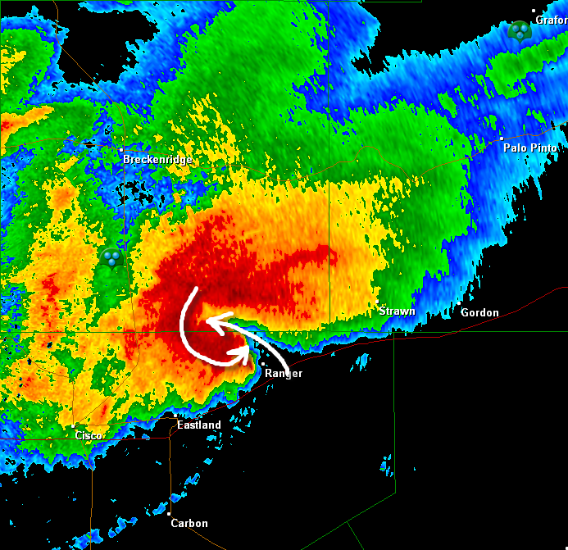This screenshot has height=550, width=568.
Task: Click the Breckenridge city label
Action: tap(158, 160)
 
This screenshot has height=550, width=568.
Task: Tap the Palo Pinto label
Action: tap(530, 148)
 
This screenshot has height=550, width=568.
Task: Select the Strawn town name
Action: tap(397, 311)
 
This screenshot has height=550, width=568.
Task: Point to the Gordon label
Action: tap(479, 312)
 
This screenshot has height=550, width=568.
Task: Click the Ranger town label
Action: tap(284, 373)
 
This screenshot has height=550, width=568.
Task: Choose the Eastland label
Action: tap(199, 425)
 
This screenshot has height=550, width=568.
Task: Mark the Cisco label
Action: tap(89, 435)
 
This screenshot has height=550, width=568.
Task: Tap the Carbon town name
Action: tap(189, 523)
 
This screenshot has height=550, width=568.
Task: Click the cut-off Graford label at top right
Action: tap(552, 20)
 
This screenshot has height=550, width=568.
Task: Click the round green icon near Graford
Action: tap(520, 32)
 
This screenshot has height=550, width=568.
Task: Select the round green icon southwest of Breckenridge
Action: tap(111, 258)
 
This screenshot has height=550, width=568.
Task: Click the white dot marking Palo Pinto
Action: tap(502, 138)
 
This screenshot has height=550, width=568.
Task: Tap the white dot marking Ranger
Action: tap(262, 363)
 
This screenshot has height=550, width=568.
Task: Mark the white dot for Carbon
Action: tap(170, 513)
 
